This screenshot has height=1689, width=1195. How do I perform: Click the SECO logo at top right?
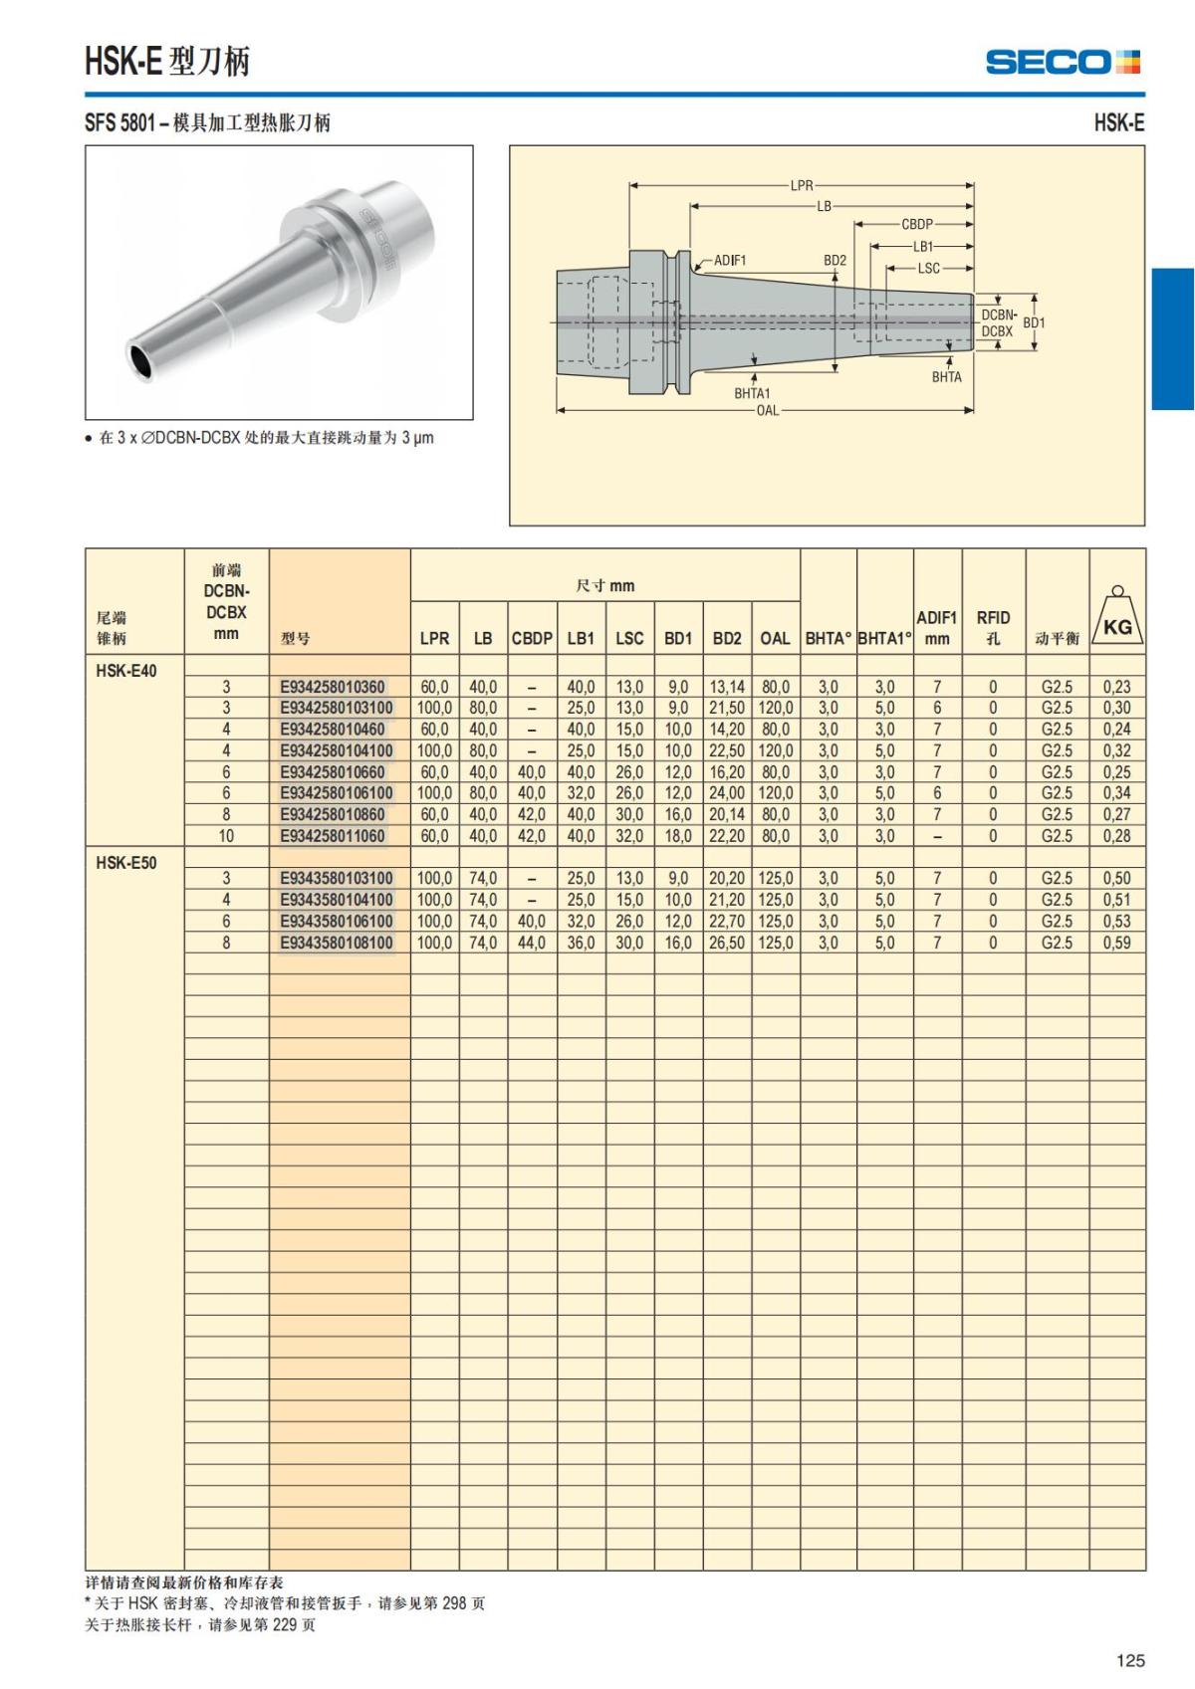[x=1062, y=62]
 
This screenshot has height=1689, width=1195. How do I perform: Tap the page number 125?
[x=1130, y=1660]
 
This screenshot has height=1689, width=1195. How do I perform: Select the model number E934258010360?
[x=332, y=687]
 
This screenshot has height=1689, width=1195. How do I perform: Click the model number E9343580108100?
[x=337, y=943]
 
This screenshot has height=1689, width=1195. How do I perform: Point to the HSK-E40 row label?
[x=126, y=671]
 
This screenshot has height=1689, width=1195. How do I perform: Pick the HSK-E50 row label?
[x=126, y=863]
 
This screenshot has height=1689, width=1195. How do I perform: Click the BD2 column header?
[x=727, y=638]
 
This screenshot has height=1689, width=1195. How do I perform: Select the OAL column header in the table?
[x=775, y=638]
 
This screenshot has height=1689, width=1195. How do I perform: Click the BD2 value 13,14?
[x=727, y=687]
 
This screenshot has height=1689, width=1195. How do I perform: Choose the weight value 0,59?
[x=1116, y=943]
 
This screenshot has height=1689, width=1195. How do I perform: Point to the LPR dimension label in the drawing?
[x=802, y=185]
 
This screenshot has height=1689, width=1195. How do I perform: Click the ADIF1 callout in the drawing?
[x=730, y=261]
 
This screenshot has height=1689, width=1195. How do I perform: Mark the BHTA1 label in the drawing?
[x=752, y=393]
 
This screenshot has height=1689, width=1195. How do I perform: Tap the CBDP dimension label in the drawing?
[x=916, y=225]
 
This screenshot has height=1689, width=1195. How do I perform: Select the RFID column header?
[x=993, y=627]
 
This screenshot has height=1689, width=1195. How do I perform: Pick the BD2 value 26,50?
[x=727, y=943]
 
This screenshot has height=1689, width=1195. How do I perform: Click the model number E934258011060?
[x=332, y=836]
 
